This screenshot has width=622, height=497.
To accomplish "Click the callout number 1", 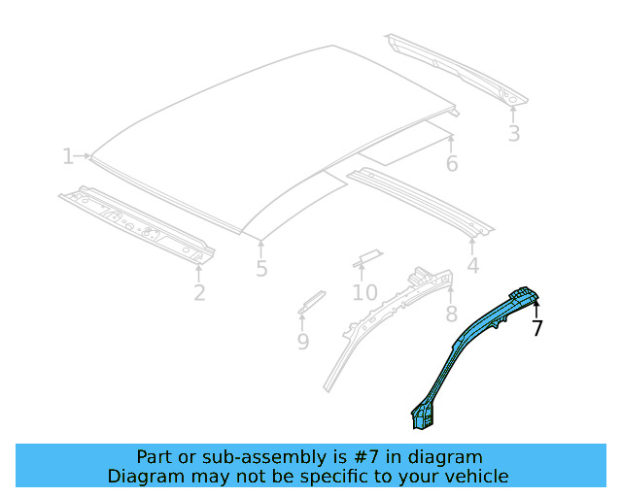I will pyautogui.click(x=67, y=156).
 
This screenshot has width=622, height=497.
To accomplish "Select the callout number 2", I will pyautogui.click(x=199, y=291).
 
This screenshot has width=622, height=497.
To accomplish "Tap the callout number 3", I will pyautogui.click(x=513, y=134).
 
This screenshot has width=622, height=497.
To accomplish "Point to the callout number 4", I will pyautogui.click(x=472, y=265).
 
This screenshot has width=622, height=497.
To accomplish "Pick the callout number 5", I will pyautogui.click(x=261, y=269).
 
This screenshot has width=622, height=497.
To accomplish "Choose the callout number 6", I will pyautogui.click(x=452, y=163).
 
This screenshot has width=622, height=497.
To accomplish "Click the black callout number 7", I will pyautogui.click(x=537, y=328).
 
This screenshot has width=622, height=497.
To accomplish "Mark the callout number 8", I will pyautogui.click(x=451, y=314).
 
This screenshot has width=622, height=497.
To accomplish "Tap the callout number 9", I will pyautogui.click(x=303, y=341).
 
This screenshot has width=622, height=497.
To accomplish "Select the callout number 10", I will pyautogui.click(x=364, y=292).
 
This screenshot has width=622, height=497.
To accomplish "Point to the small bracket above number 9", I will pyautogui.click(x=311, y=300).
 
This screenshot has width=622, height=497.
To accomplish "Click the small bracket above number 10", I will pyautogui.click(x=367, y=256).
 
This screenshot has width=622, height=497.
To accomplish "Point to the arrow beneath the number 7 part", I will pyautogui.click(x=536, y=308).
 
